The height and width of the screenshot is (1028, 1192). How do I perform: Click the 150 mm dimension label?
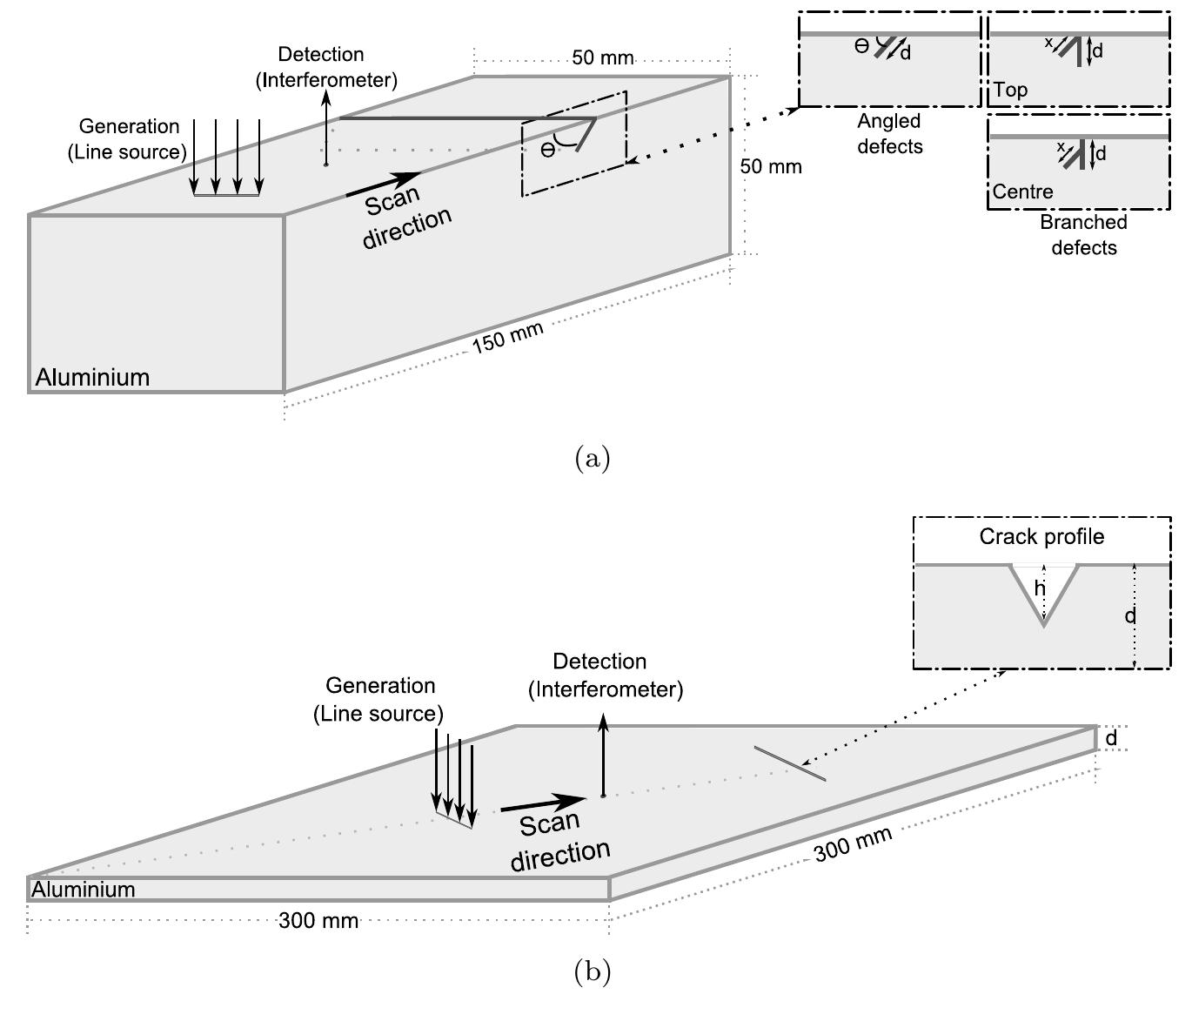[507, 337]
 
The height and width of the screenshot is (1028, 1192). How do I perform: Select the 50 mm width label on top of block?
[603, 58]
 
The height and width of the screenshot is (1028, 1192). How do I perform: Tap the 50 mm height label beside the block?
[771, 165]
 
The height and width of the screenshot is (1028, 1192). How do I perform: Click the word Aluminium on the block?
[92, 378]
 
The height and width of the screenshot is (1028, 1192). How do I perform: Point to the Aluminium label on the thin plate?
[84, 890]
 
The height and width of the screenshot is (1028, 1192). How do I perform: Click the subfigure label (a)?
[593, 458]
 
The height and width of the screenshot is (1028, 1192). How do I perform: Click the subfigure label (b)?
[593, 971]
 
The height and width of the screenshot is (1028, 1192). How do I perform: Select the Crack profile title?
[1041, 536]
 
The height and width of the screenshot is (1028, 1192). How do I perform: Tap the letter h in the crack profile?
[1039, 589]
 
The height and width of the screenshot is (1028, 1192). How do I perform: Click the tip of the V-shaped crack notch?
[1043, 624]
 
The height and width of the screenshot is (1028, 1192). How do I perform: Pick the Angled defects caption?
[889, 134]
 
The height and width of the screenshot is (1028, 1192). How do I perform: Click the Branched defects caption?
[1083, 235]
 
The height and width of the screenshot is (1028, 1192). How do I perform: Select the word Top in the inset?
[1010, 90]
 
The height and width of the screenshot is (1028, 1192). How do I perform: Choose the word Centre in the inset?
[1023, 191]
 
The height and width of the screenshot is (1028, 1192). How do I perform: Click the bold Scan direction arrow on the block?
[383, 184]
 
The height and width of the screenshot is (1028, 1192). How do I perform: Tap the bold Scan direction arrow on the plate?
[544, 803]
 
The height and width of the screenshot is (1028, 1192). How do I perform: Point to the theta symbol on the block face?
[547, 150]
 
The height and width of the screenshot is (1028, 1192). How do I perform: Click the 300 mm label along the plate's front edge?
[318, 921]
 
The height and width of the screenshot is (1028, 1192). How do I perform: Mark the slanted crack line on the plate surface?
[789, 763]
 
